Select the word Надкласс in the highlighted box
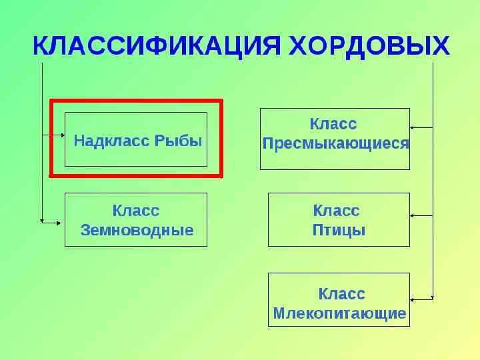(x=112, y=141)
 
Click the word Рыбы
(x=178, y=141)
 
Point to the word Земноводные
(x=137, y=231)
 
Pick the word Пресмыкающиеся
(x=335, y=143)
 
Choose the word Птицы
(x=339, y=231)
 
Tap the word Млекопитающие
(x=339, y=313)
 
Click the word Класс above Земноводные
(x=136, y=211)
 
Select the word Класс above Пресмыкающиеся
(x=333, y=124)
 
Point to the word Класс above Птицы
(x=336, y=211)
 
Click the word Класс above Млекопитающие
(x=341, y=294)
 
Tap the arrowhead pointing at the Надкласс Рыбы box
(x=62, y=135)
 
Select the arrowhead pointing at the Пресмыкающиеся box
(x=413, y=127)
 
